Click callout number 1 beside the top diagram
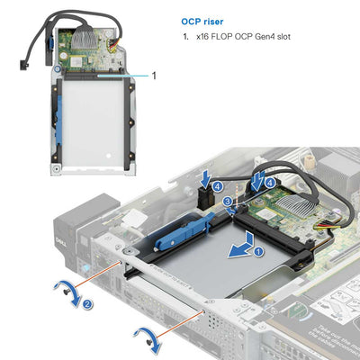tap(153, 76)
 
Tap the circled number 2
tap(88, 304)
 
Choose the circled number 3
tap(227, 201)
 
